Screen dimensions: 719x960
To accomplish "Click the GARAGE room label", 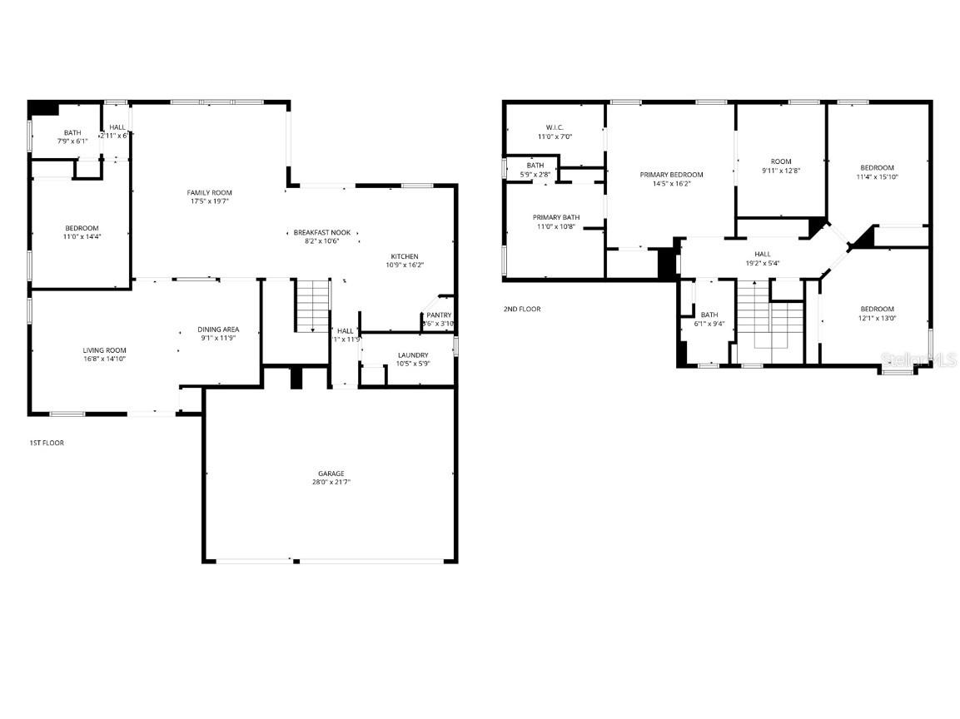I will pos(331,474).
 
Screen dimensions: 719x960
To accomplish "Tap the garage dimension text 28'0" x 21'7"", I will pos(331,483).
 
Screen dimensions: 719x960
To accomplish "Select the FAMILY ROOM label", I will pos(209,192).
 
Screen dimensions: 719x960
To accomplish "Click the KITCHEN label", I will pos(405,256).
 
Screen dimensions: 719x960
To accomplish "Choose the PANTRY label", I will pos(439,315).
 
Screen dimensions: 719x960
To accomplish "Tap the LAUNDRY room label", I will pos(412,355).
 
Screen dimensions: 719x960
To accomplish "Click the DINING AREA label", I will pos(218,330).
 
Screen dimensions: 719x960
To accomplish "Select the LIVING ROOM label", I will pos(104,350).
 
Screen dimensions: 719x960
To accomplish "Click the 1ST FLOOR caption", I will pos(47,443).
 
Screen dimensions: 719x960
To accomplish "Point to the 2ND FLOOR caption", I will pos(522,309).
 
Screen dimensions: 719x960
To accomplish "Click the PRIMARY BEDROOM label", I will pos(671,175).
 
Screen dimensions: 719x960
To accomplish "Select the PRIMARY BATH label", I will pos(556,217).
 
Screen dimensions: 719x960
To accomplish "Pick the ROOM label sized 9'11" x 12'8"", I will pos(781,161).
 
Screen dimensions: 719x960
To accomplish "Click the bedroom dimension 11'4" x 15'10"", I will pos(877,176).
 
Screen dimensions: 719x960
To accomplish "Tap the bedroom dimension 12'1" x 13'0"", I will pos(878,318).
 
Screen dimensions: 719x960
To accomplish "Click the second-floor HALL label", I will pos(762,255).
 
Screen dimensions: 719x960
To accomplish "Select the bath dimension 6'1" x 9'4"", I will pos(709,324).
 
